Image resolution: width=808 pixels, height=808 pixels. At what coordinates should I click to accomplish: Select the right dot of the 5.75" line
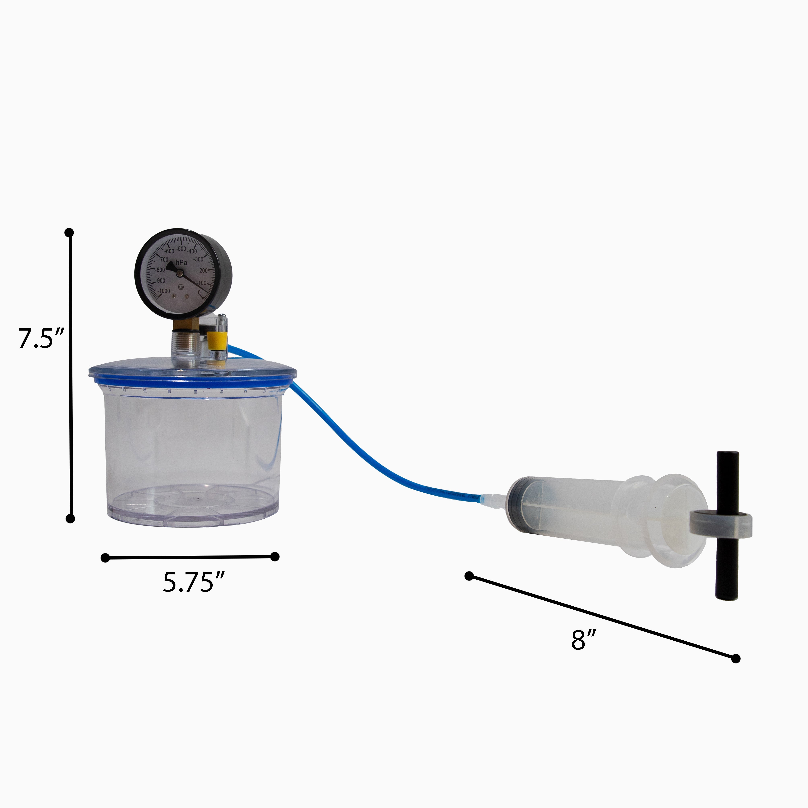click(x=275, y=556)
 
